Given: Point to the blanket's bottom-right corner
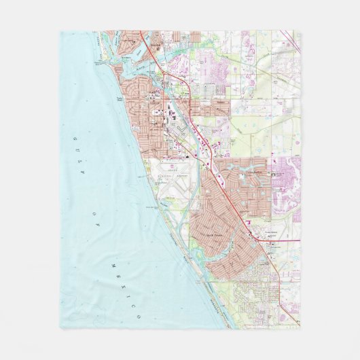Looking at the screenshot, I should [x=300, y=329].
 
